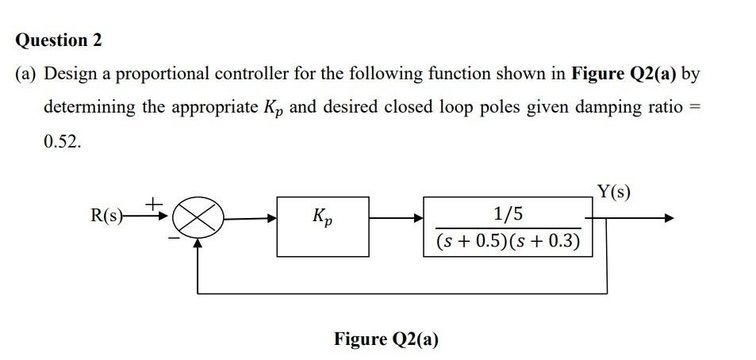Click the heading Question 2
[x=59, y=40]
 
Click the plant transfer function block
[x=508, y=226]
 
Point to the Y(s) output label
[x=614, y=191]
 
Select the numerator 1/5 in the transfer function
[x=508, y=213]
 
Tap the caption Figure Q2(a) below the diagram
[x=386, y=339]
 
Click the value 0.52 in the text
[x=61, y=141]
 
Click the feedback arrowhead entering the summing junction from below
[x=198, y=244]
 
